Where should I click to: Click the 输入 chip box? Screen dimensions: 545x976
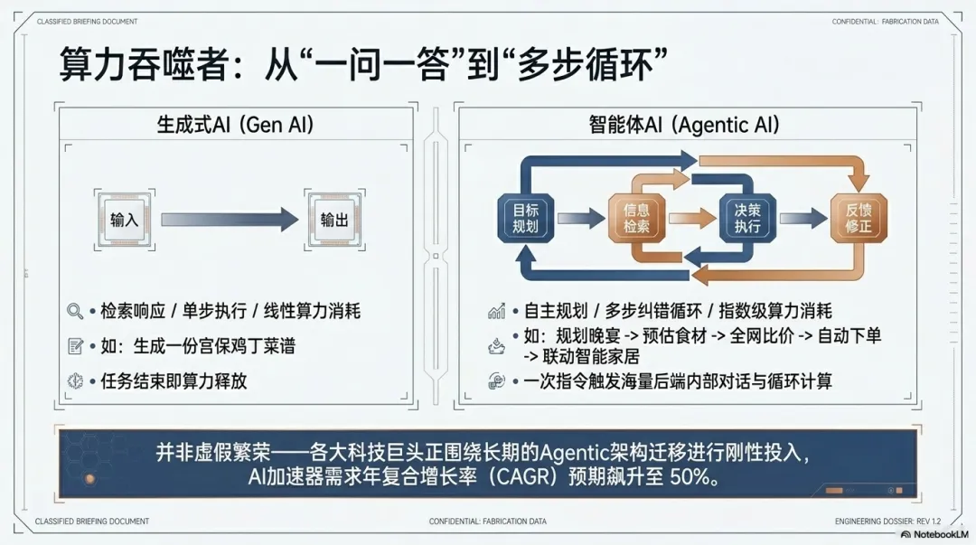click(124, 220)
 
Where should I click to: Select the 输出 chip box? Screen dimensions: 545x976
click(333, 220)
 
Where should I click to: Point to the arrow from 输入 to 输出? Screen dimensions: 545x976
click(229, 219)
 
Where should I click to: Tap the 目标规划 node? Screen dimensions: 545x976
click(525, 218)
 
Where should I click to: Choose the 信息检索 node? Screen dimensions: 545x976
click(636, 218)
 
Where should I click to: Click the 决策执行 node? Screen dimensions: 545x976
click(747, 218)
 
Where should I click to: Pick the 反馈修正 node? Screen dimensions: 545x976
click(858, 218)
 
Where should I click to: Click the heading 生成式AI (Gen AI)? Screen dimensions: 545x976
click(236, 125)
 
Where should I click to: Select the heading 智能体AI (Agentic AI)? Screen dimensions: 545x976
click(683, 125)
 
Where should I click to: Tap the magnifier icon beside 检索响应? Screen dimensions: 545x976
click(75, 312)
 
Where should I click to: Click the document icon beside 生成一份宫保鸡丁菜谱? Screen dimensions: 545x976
click(75, 346)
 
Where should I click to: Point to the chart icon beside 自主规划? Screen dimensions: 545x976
click(496, 312)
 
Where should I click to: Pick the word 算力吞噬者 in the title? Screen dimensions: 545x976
click(144, 65)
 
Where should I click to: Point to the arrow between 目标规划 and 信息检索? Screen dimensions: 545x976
click(581, 218)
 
